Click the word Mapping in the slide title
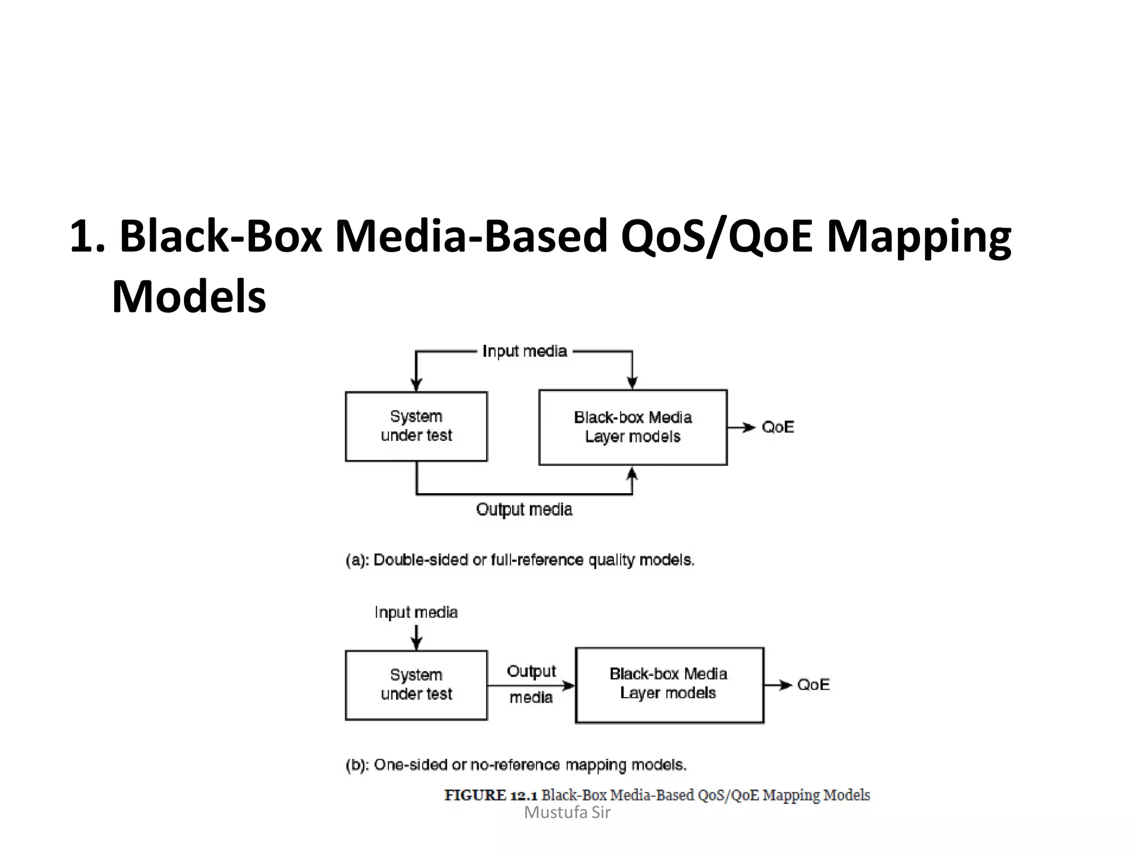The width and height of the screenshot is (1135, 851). tap(918, 237)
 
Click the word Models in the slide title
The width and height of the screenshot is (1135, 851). tap(188, 297)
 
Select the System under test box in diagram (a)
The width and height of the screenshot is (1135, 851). tap(416, 426)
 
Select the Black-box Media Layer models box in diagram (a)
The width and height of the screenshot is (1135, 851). tap(632, 427)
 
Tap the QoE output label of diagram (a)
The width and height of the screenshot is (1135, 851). tap(778, 427)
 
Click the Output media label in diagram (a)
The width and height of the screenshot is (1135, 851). tap(524, 510)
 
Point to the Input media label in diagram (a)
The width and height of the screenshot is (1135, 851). tap(524, 351)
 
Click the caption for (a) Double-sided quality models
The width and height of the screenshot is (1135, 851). tap(519, 560)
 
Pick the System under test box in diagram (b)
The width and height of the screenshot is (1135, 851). tap(416, 685)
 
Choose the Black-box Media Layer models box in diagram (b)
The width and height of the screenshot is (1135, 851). tap(669, 685)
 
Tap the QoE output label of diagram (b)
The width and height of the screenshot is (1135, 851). tap(813, 685)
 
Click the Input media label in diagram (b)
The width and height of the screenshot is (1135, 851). tap(416, 612)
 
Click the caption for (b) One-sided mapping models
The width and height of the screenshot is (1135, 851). tap(516, 765)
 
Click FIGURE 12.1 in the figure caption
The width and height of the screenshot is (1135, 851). tap(490, 796)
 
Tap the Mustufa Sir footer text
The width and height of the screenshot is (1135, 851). tap(567, 813)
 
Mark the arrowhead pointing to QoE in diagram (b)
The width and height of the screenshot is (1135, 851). tap(785, 685)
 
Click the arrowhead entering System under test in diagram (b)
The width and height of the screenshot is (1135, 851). tap(416, 644)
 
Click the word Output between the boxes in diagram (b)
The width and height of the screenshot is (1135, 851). tap(531, 671)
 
